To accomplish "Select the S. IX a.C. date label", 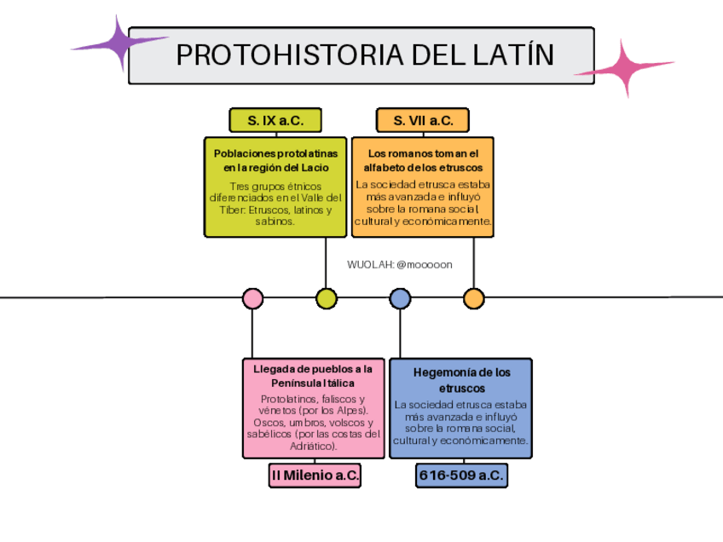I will [275, 120].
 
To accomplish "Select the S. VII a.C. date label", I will [423, 120].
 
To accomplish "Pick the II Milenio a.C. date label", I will [315, 475].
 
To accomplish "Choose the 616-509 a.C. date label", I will [461, 475].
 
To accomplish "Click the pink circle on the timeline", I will [252, 298].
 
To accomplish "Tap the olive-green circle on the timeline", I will [326, 298].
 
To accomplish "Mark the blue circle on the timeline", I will [400, 298].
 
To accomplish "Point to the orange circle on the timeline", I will [473, 298].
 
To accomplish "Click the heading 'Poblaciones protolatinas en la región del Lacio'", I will [275, 160].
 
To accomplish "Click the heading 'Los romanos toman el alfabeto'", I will [423, 160].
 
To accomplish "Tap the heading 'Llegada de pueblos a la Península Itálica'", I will [313, 376].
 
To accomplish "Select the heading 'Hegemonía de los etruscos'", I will [461, 380].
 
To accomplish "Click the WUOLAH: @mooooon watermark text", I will [400, 264].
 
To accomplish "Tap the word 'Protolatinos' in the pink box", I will [291, 399].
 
